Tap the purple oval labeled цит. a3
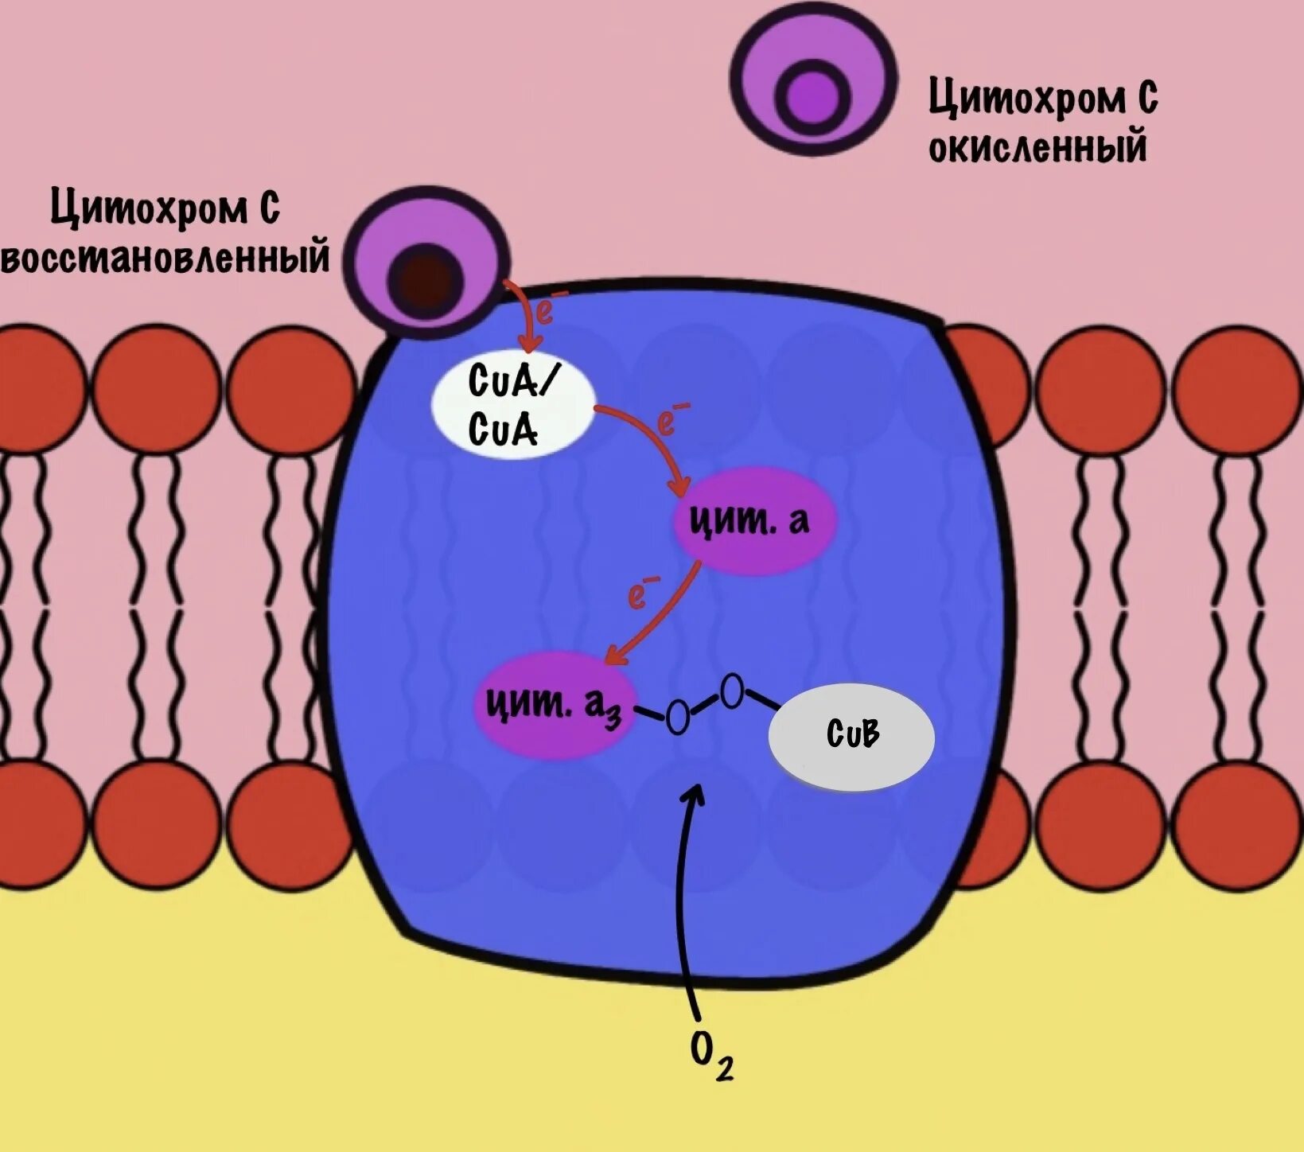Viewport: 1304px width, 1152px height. (555, 704)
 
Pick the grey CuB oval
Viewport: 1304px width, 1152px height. (851, 736)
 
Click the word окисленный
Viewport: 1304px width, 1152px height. (1037, 147)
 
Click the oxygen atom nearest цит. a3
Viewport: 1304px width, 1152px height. (677, 718)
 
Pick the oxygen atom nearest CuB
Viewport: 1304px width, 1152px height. (732, 691)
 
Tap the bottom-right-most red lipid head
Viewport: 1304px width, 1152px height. (1237, 824)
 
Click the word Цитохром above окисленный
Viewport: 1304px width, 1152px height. (1026, 99)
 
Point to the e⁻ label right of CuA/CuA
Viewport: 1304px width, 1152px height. (671, 420)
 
